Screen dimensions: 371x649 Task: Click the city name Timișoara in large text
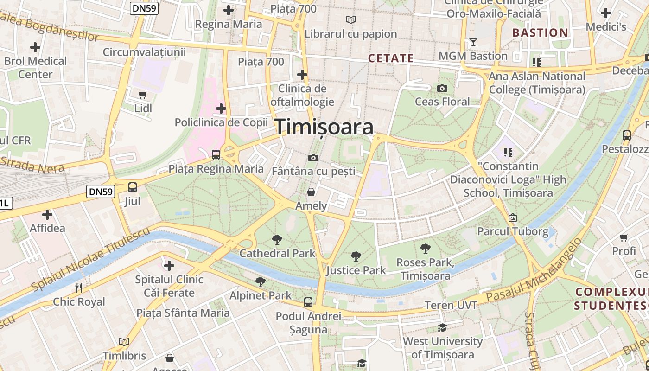pyautogui.click(x=324, y=127)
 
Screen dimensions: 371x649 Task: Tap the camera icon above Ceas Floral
pyautogui.click(x=442, y=88)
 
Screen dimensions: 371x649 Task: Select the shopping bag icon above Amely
pyautogui.click(x=311, y=192)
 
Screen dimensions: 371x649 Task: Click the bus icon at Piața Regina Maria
pyautogui.click(x=216, y=155)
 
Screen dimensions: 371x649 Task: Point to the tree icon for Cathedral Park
pyautogui.click(x=277, y=240)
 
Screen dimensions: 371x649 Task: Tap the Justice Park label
pyautogui.click(x=356, y=270)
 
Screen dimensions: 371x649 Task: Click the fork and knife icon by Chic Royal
pyautogui.click(x=79, y=288)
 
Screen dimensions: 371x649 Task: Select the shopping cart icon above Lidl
pyautogui.click(x=143, y=95)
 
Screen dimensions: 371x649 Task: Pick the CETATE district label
pyautogui.click(x=390, y=58)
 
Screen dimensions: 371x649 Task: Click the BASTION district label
pyautogui.click(x=540, y=32)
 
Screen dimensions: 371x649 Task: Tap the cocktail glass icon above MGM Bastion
pyautogui.click(x=473, y=43)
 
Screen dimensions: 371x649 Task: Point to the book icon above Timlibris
pyautogui.click(x=124, y=342)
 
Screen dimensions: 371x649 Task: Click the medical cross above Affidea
pyautogui.click(x=47, y=215)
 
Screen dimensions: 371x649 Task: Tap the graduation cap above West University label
pyautogui.click(x=442, y=328)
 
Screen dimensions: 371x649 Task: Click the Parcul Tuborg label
pyautogui.click(x=513, y=231)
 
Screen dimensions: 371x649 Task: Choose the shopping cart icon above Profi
pyautogui.click(x=624, y=238)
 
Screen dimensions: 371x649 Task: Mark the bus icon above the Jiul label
pyautogui.click(x=133, y=187)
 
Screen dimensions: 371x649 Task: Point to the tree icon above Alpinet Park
pyautogui.click(x=261, y=281)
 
